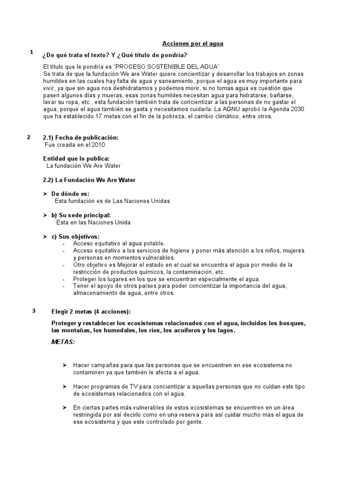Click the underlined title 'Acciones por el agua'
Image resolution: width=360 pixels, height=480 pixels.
pyautogui.click(x=193, y=44)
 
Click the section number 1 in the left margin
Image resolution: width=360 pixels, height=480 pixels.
pyautogui.click(x=31, y=52)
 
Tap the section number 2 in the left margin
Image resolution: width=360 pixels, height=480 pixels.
pyautogui.click(x=29, y=137)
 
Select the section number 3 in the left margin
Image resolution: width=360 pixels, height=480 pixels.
pyautogui.click(x=34, y=310)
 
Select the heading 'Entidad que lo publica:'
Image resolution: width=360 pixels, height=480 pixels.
pyautogui.click(x=76, y=159)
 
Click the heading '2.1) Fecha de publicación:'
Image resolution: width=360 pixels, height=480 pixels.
pyautogui.click(x=81, y=138)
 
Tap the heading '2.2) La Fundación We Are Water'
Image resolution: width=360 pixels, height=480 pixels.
pyautogui.click(x=89, y=180)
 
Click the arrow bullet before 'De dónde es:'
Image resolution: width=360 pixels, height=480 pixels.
pyautogui.click(x=45, y=194)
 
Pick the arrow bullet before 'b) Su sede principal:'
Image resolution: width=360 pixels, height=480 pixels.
pyautogui.click(x=45, y=215)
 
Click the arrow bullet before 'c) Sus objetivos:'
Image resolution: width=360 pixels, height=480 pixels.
pyautogui.click(x=45, y=236)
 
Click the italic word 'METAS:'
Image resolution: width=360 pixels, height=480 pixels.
pyautogui.click(x=63, y=342)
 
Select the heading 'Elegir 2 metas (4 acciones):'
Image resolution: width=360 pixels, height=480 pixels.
pyautogui.click(x=91, y=312)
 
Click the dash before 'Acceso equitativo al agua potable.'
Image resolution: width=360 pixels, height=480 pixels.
pyautogui.click(x=63, y=244)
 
